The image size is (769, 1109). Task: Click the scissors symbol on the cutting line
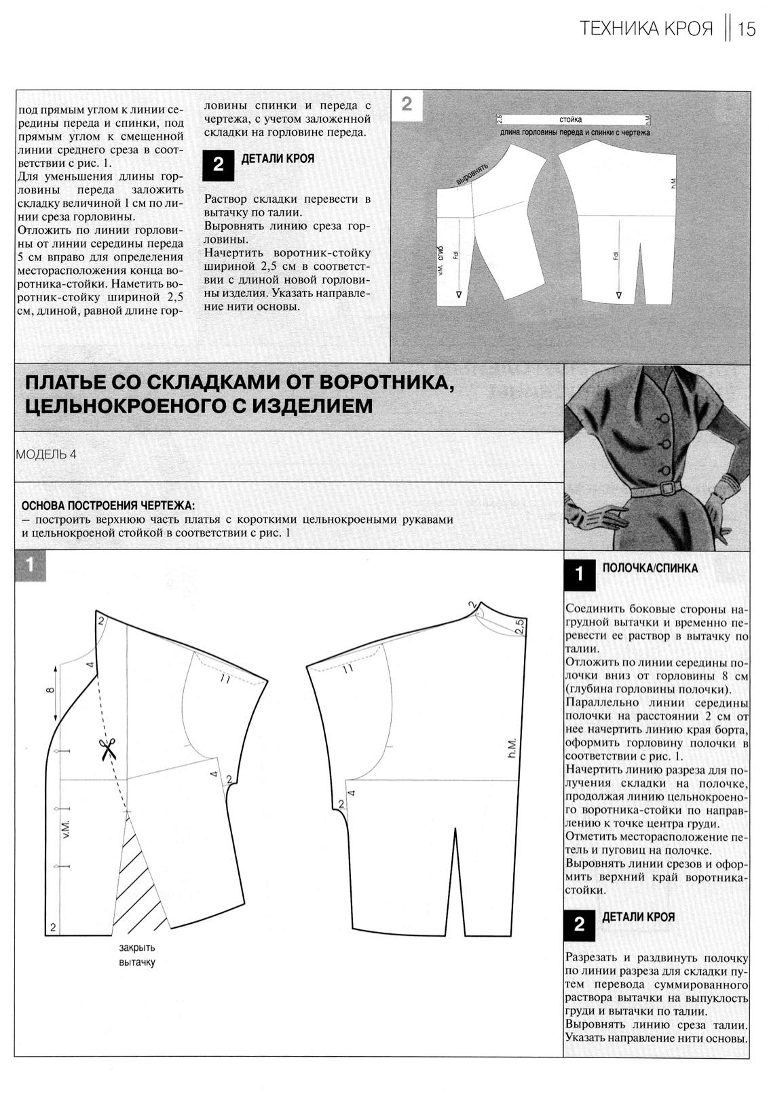[107, 750]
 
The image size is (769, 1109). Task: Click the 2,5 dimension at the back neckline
[519, 627]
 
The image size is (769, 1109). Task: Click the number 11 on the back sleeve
[348, 669]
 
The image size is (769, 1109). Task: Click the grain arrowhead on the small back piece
[618, 296]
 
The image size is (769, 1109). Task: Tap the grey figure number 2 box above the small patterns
[407, 104]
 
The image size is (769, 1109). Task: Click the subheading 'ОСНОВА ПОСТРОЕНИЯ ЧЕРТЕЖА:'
[107, 506]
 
